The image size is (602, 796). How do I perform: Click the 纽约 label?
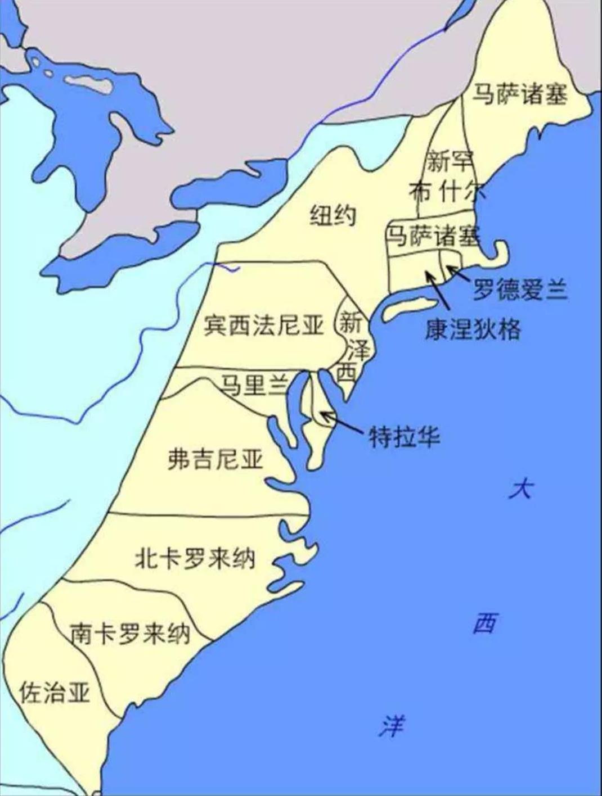(333, 215)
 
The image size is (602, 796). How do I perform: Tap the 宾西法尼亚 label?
(264, 325)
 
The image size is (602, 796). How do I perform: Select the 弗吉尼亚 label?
(216, 459)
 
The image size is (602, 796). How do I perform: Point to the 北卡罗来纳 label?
(195, 558)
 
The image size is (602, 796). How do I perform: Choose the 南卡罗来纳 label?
(130, 634)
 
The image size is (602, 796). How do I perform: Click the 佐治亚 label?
(55, 692)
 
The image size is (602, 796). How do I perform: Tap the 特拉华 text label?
(404, 436)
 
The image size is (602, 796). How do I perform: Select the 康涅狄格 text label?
(473, 329)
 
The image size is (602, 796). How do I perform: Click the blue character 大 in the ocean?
(520, 489)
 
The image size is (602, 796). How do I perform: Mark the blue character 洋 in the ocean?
(392, 726)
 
